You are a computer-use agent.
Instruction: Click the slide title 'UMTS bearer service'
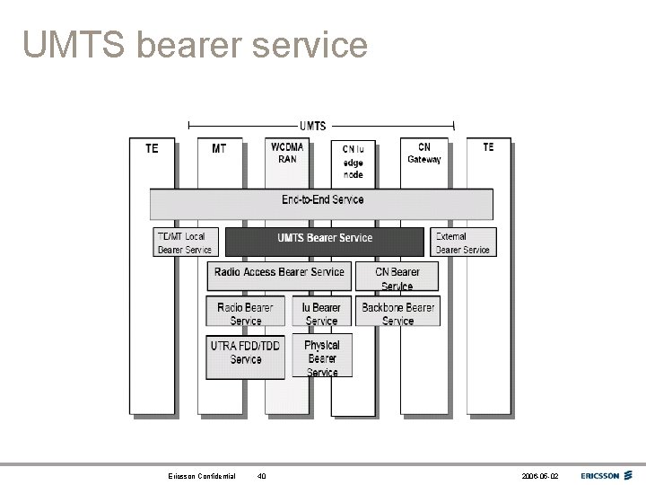[x=196, y=43]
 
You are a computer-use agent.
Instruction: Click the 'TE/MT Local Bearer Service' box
[x=186, y=242]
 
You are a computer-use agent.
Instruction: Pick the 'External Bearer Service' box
[x=462, y=242]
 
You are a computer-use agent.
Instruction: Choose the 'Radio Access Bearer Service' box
[x=279, y=273]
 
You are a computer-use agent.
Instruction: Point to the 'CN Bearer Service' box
[x=397, y=277]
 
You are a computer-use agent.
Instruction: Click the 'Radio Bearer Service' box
[x=246, y=313]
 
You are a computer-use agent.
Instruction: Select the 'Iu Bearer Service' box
[x=321, y=313]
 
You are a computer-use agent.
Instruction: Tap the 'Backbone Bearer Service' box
[x=397, y=313]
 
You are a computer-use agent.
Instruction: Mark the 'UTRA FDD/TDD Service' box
[x=246, y=352]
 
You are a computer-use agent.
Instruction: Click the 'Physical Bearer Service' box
[x=322, y=357]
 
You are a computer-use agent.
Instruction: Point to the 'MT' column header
[x=219, y=148]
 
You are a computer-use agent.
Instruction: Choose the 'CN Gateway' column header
[x=423, y=153]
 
